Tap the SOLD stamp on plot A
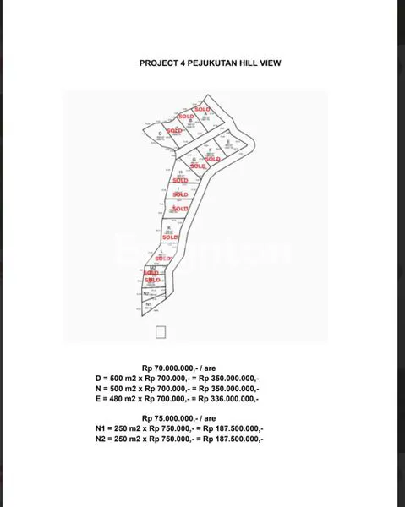(x=202, y=110)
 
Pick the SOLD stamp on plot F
(x=212, y=159)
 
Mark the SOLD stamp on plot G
(x=198, y=166)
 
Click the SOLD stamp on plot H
(x=180, y=180)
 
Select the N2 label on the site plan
(x=147, y=292)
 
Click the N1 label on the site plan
(x=149, y=303)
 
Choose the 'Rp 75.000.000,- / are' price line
(x=179, y=418)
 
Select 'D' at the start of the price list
(x=98, y=378)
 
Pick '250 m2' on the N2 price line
(x=127, y=439)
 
